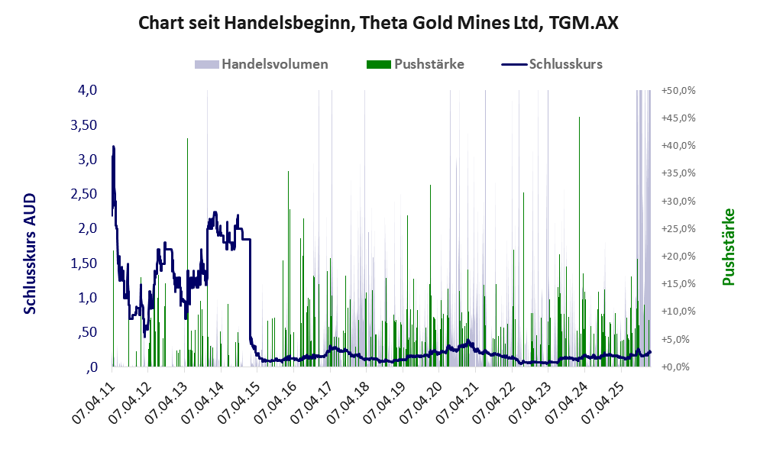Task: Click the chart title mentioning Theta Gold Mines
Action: (378, 24)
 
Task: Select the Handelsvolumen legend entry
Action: (275, 64)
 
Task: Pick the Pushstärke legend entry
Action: (429, 64)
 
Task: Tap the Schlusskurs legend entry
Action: (565, 64)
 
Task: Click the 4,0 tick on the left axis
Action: (87, 90)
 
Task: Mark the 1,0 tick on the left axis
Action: (87, 298)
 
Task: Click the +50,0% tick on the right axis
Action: (678, 90)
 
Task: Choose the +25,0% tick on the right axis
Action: (678, 228)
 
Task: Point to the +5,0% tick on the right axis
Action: (678, 339)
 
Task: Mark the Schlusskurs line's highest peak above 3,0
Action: (114, 147)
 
